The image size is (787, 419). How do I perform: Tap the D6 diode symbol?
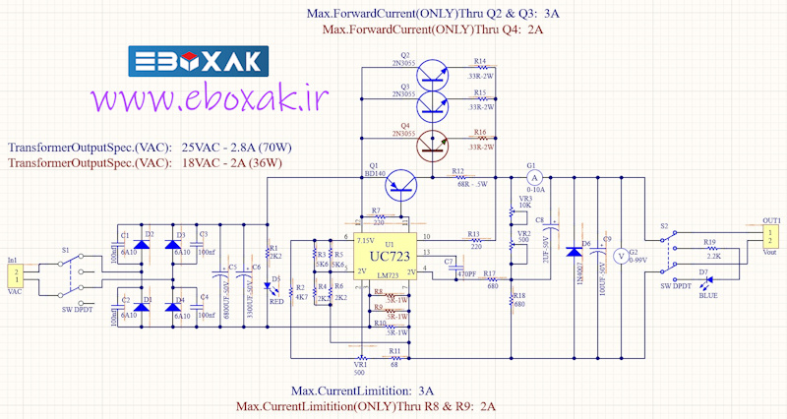pyautogui.click(x=575, y=252)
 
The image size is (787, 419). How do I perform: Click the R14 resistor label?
pyautogui.click(x=480, y=60)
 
